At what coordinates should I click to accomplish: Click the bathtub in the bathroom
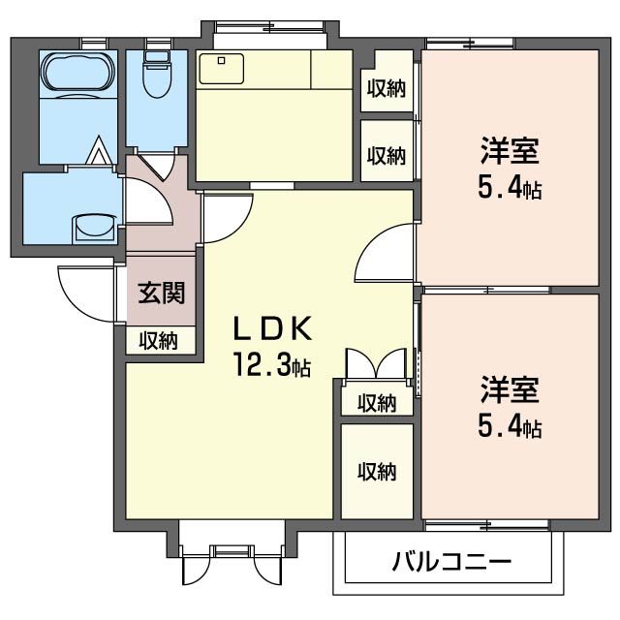point(78,75)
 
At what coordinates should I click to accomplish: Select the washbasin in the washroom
point(95,229)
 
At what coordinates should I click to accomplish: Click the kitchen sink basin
point(222,69)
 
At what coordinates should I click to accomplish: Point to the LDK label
point(273,328)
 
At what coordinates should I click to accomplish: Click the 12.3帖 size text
point(272,364)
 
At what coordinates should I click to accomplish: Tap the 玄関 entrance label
point(162,293)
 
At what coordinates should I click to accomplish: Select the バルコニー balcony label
point(452,562)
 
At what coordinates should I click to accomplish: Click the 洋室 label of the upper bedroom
point(510,151)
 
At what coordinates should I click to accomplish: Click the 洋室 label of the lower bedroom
point(510,389)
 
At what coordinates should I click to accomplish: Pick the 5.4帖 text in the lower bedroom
point(510,426)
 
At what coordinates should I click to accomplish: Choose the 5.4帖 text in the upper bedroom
point(510,187)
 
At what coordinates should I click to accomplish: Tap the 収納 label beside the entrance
point(159,341)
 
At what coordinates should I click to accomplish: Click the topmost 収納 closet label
point(387,88)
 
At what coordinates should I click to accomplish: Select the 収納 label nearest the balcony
point(377,472)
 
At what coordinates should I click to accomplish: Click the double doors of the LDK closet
point(376,364)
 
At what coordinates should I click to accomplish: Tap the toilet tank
point(157,56)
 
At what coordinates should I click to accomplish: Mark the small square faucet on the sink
point(222,60)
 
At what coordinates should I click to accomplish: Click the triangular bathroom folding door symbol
point(97,150)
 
